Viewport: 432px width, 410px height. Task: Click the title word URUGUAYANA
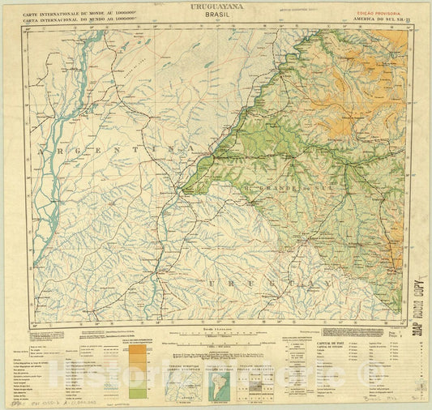pyautogui.click(x=215, y=6)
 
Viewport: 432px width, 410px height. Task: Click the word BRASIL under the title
pyautogui.click(x=216, y=15)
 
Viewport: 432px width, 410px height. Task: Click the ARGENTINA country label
pyautogui.click(x=105, y=151)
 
